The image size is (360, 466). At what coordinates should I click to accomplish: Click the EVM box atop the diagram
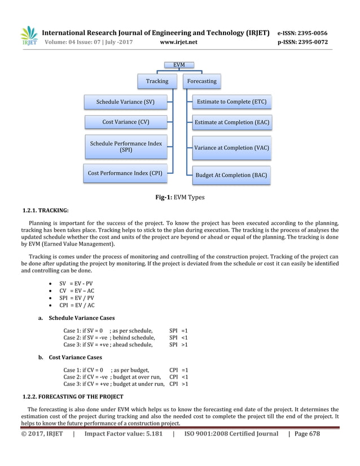(x=178, y=65)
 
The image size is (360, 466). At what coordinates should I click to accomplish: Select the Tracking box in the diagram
(x=157, y=81)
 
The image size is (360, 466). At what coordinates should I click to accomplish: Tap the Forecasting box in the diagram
(x=201, y=81)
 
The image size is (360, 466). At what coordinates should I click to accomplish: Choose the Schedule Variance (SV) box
(x=125, y=102)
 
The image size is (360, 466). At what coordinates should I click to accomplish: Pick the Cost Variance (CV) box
(x=125, y=122)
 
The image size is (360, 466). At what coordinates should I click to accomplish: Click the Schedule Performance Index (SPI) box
(x=125, y=147)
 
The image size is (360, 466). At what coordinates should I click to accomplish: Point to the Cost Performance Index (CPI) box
(x=125, y=173)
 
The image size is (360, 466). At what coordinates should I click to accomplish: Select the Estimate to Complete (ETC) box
(x=231, y=102)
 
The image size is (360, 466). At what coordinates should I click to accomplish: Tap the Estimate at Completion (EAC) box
(x=231, y=122)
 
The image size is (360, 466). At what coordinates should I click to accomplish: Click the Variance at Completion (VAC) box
(x=231, y=148)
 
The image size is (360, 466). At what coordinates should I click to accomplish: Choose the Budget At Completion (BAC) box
(x=231, y=175)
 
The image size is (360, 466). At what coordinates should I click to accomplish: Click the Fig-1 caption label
(x=180, y=197)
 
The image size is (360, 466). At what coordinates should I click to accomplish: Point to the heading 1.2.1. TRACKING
(x=45, y=211)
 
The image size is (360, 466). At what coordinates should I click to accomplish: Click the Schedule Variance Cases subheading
(x=81, y=318)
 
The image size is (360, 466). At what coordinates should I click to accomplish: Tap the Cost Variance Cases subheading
(x=75, y=357)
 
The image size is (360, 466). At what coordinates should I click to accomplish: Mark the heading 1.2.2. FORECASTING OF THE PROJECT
(x=72, y=397)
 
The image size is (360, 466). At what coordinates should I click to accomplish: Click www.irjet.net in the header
(x=179, y=42)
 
